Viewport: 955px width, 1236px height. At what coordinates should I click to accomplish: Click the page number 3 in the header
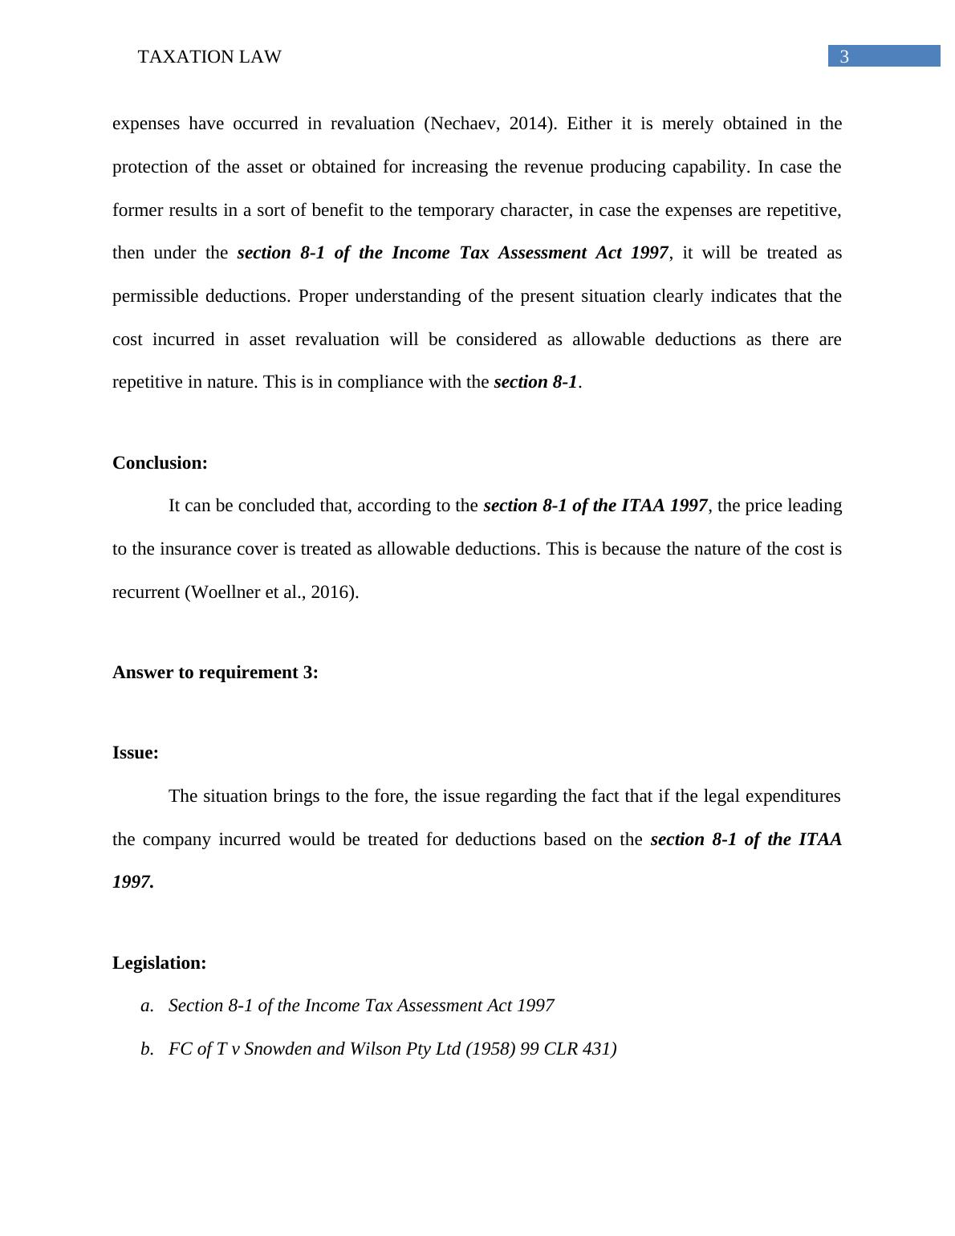(843, 57)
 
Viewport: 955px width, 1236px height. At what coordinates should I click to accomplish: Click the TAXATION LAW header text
(209, 57)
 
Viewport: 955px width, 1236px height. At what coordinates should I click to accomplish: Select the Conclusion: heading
(160, 463)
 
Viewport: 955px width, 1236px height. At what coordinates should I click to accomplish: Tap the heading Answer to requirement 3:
(215, 673)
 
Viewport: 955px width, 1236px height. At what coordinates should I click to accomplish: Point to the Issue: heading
(136, 753)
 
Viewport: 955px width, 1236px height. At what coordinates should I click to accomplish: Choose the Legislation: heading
(159, 963)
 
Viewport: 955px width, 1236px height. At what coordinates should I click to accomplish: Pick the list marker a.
(147, 1006)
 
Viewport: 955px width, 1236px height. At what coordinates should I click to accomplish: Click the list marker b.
(147, 1049)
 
